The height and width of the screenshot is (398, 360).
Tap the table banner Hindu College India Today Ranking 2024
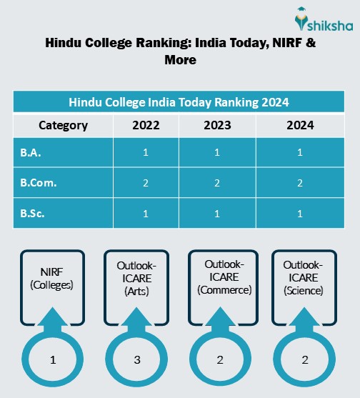[x=179, y=101]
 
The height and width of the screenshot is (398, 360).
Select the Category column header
[x=63, y=126]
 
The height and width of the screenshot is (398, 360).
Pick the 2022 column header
[x=146, y=126]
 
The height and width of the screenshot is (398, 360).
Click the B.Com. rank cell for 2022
[x=146, y=183]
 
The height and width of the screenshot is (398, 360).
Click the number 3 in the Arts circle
[x=136, y=359]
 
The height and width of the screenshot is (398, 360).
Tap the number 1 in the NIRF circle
[x=53, y=359]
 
